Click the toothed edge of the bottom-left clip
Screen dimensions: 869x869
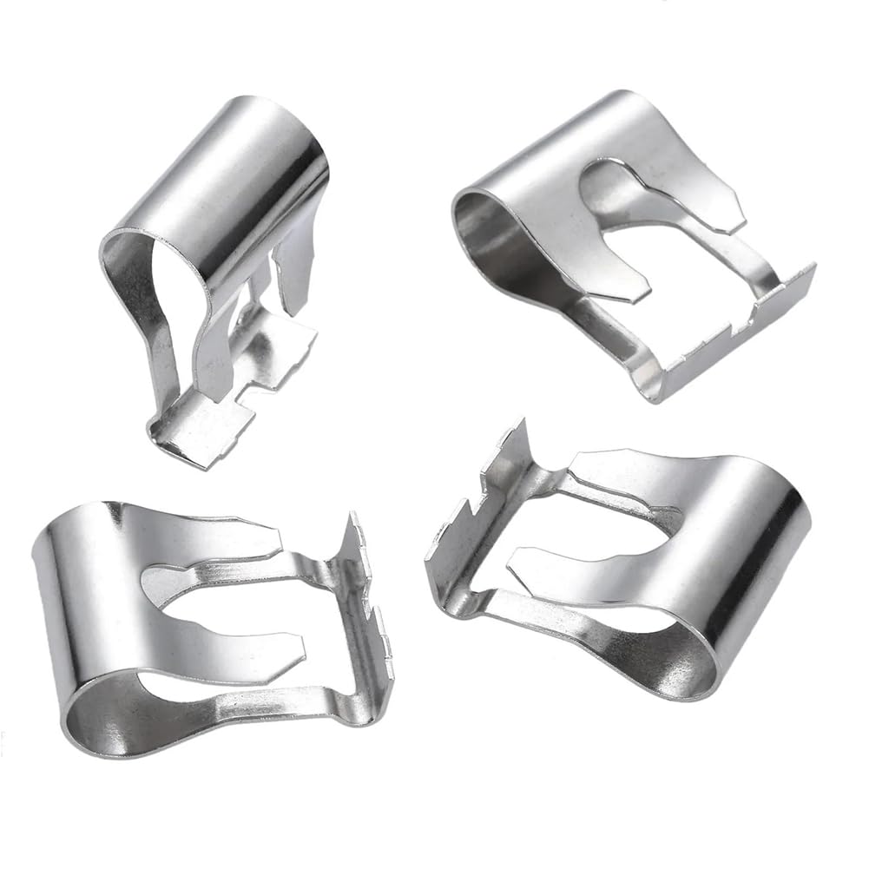[369, 590]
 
